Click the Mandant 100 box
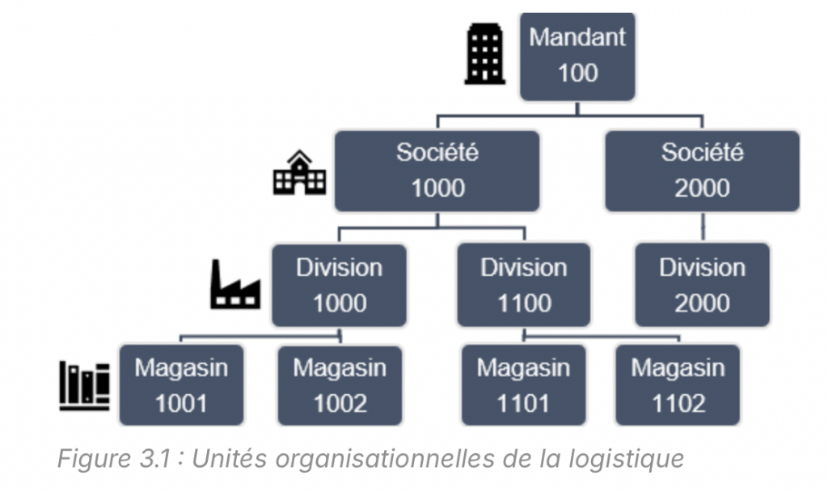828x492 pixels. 577,55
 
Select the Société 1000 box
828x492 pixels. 437,171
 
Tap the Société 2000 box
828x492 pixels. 702,171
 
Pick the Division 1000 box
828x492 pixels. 340,285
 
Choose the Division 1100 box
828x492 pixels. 524,285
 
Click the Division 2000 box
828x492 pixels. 702,285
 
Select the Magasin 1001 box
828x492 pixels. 181,385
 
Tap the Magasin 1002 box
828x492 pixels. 340,385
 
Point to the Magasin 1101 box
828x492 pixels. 524,385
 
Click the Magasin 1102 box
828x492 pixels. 678,385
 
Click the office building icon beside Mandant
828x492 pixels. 485,54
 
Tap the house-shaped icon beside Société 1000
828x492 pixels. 299,172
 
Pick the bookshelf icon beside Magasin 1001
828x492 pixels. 85,386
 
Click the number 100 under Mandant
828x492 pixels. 577,73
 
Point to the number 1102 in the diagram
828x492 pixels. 678,403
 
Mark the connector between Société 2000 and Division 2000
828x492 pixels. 702,227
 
